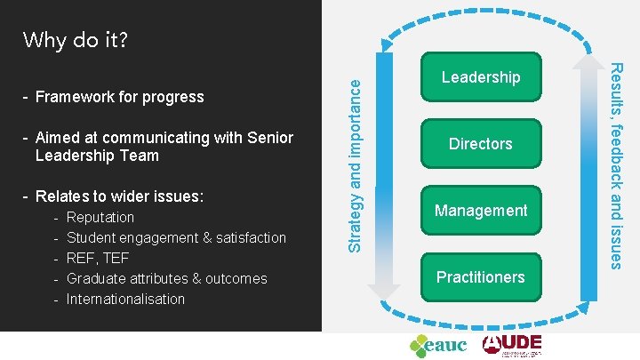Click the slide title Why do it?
coord(76,40)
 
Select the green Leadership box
coord(481,77)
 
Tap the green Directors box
coord(481,144)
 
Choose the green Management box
coord(481,211)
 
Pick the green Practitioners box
coord(481,277)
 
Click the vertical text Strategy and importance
coord(354,164)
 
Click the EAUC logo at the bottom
coord(437,344)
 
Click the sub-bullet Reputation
coord(100,218)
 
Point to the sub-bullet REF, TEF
coord(98,259)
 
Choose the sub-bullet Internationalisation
coord(125,300)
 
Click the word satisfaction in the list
coord(251,238)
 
